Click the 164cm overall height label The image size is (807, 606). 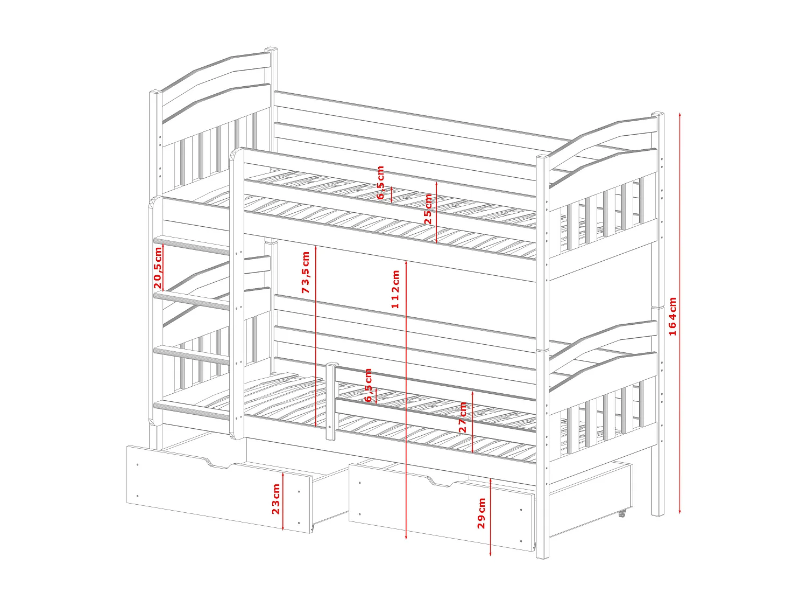[x=672, y=316]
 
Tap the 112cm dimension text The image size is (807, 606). [x=395, y=289]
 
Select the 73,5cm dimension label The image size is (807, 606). [x=306, y=273]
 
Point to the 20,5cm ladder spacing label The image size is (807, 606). [x=158, y=268]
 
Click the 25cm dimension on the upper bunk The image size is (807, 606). [x=428, y=210]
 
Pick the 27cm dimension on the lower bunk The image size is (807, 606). [x=463, y=417]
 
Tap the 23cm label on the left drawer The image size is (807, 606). [x=276, y=499]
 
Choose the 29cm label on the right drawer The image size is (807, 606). [x=482, y=513]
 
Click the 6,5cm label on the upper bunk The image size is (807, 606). [x=380, y=183]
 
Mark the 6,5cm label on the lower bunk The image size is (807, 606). [x=369, y=385]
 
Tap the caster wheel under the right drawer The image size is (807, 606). [x=622, y=513]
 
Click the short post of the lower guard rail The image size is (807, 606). [x=331, y=401]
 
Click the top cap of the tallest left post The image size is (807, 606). [x=272, y=50]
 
